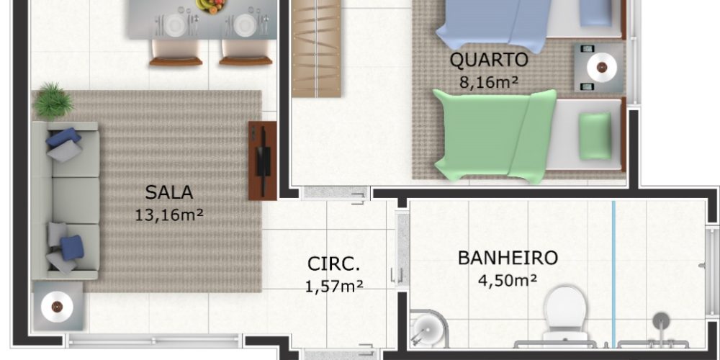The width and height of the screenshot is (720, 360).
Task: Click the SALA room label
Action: tap(169, 192)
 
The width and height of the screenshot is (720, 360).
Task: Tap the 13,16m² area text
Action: tap(169, 215)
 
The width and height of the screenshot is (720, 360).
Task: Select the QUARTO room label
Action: tap(489, 60)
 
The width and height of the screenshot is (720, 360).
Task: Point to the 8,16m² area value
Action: tap(489, 82)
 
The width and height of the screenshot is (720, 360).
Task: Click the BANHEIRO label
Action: tap(508, 258)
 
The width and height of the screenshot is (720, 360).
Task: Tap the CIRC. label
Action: tap(334, 264)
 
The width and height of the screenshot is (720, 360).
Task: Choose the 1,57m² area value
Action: tap(334, 286)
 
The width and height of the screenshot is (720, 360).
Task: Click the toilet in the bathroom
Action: tap(565, 313)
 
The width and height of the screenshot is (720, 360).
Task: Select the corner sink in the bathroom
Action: tap(427, 328)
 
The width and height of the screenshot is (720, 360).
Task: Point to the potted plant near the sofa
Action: tap(53, 101)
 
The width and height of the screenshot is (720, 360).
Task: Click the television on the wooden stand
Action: tap(263, 161)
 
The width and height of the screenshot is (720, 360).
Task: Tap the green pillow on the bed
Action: tap(595, 136)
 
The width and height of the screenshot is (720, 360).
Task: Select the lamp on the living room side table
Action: tap(57, 306)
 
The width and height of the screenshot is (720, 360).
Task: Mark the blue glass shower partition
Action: tap(613, 274)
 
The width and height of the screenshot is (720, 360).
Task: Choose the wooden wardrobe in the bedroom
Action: tap(316, 48)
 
